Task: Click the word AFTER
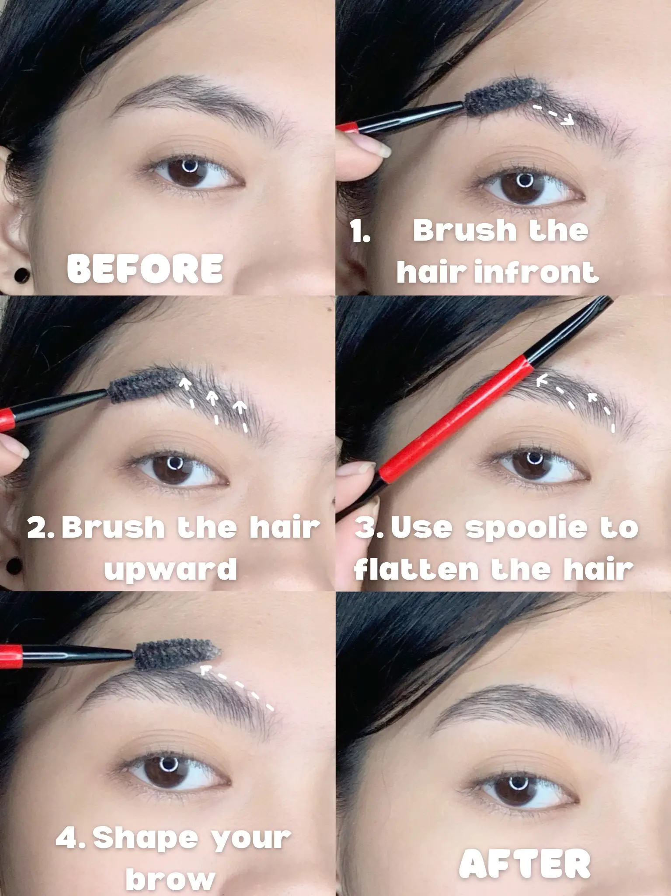(525, 863)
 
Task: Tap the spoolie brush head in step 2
(143, 385)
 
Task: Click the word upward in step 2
(170, 569)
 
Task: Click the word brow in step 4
(170, 879)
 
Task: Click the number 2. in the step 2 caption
(41, 528)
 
